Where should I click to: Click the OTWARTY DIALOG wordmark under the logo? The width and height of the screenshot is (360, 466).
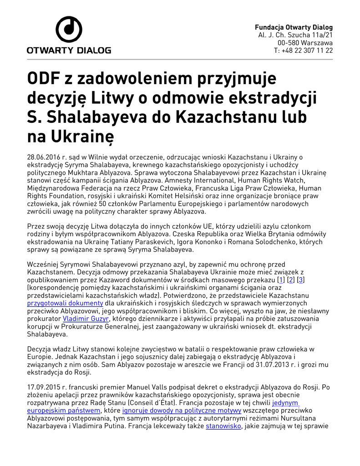coord(69,51)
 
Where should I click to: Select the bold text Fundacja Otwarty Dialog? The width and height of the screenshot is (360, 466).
coord(294,27)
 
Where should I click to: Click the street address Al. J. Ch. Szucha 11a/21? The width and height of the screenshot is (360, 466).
coord(295,35)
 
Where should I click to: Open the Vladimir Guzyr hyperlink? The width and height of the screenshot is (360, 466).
coord(86,319)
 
